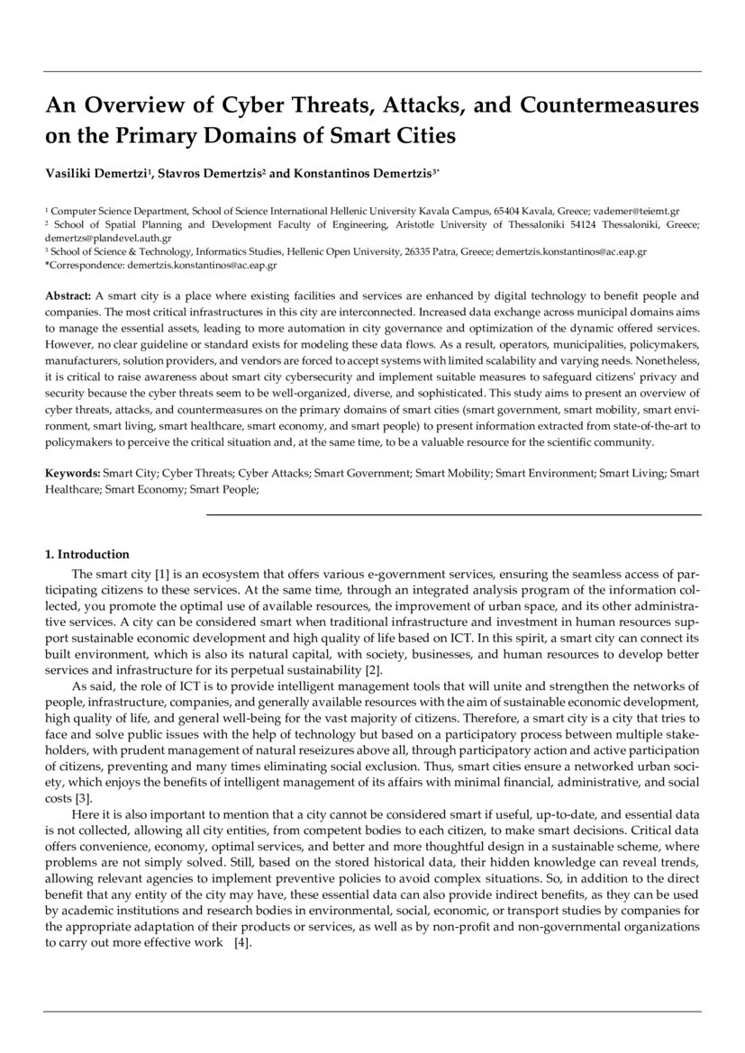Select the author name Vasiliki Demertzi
(x=102, y=170)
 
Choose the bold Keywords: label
(x=73, y=472)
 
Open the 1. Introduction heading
(x=87, y=554)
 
